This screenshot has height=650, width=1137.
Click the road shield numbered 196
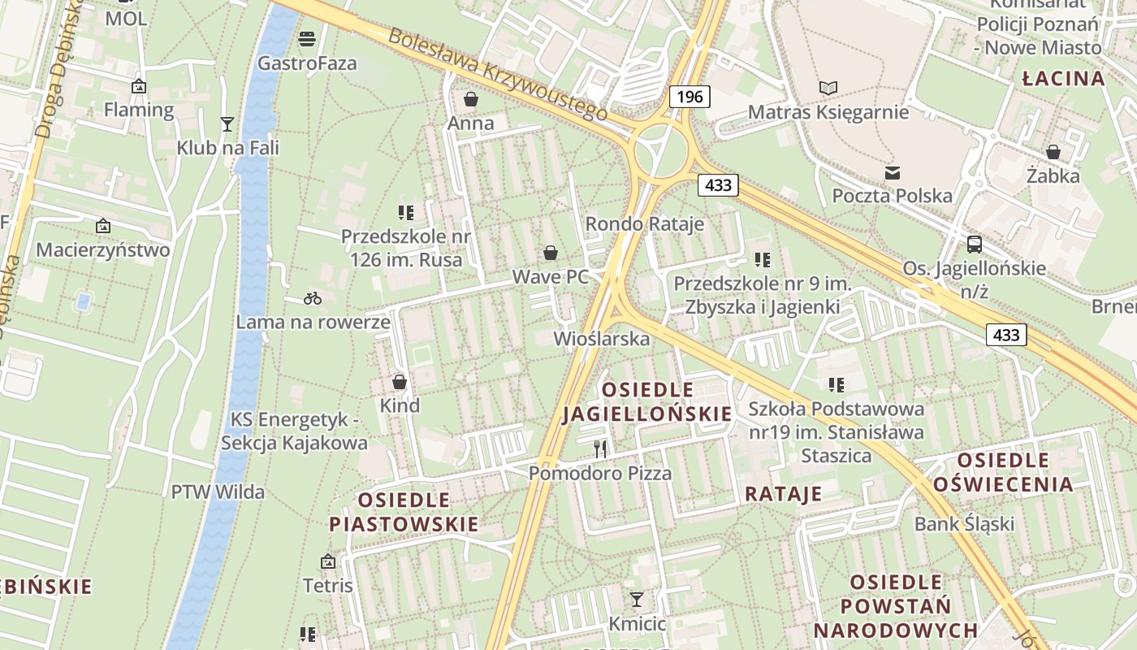point(690,97)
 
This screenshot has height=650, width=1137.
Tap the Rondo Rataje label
point(645,223)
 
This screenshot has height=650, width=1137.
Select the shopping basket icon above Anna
point(470,100)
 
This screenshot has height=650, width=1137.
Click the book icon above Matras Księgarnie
point(828,88)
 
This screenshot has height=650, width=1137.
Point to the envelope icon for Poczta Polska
point(893,172)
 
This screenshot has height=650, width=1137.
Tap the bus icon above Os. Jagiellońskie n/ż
point(974,244)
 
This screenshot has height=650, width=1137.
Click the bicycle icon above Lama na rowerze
point(313,298)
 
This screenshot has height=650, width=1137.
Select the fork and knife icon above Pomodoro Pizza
point(600,448)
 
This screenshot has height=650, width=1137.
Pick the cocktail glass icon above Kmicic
point(637,600)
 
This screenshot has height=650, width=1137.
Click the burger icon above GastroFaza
point(307,38)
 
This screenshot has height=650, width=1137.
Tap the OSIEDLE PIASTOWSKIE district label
point(404,511)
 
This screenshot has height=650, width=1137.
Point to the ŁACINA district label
point(1063,79)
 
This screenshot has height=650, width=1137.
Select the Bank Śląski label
point(964,523)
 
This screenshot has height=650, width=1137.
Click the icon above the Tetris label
point(328,561)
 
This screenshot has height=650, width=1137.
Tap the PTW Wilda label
point(218,492)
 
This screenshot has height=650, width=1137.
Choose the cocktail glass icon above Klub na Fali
point(227,123)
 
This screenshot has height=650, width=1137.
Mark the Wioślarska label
point(601,338)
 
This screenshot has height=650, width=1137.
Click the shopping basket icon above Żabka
point(1053,152)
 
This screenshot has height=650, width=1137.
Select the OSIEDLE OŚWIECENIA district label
point(1003,473)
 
